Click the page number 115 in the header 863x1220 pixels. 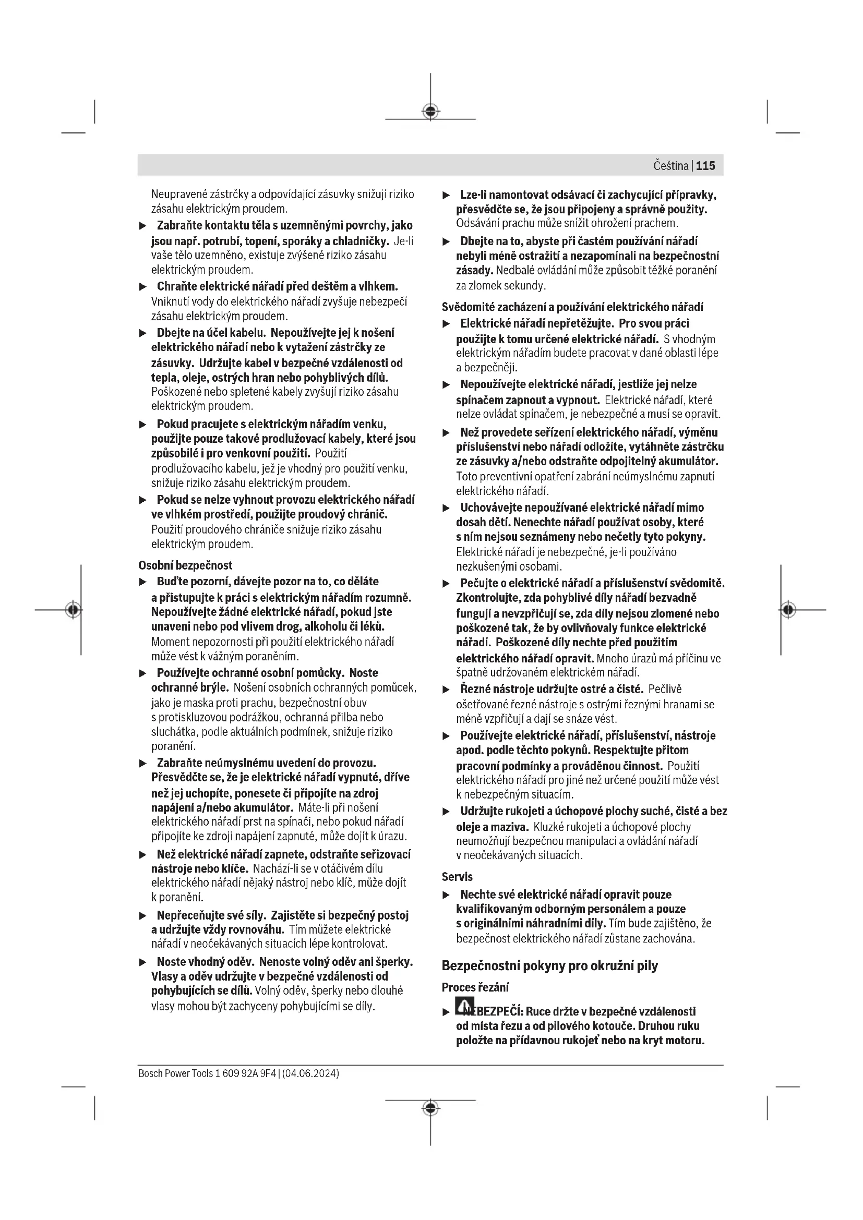click(705, 166)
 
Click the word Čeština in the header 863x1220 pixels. click(670, 166)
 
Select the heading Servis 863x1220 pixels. click(457, 877)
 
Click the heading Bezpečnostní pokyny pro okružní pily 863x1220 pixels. click(549, 965)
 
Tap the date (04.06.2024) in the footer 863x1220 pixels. click(311, 1073)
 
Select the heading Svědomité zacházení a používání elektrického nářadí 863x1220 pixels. click(572, 307)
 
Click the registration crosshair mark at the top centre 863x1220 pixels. click(430, 112)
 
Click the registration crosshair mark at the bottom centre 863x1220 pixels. click(430, 1108)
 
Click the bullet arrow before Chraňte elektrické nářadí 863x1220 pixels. click(142, 287)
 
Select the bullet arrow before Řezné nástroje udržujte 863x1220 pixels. click(447, 690)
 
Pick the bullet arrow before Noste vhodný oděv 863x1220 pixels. click(142, 962)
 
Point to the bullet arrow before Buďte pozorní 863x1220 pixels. click(142, 582)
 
